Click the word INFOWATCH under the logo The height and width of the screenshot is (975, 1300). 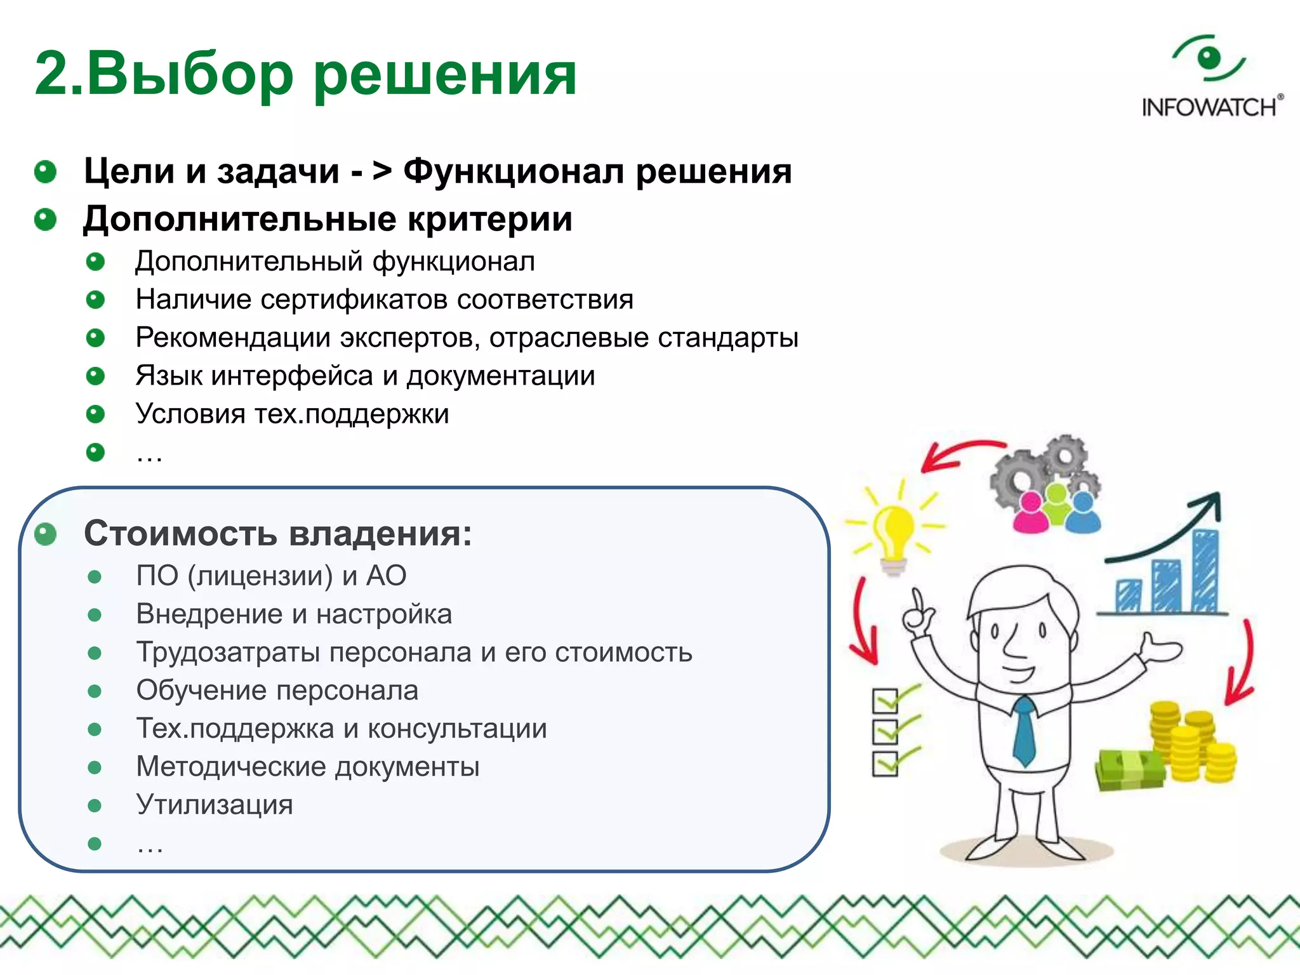(1210, 107)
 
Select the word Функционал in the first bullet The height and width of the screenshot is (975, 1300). (513, 171)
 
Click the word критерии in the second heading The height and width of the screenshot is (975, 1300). (489, 219)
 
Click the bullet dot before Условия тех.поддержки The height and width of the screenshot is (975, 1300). (95, 415)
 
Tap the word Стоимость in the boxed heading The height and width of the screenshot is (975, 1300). (180, 533)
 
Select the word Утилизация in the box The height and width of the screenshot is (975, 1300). (215, 805)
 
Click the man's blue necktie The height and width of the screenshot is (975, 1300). (1023, 730)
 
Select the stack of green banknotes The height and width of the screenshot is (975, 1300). (1130, 769)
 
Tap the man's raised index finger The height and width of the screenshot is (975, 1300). (916, 600)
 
